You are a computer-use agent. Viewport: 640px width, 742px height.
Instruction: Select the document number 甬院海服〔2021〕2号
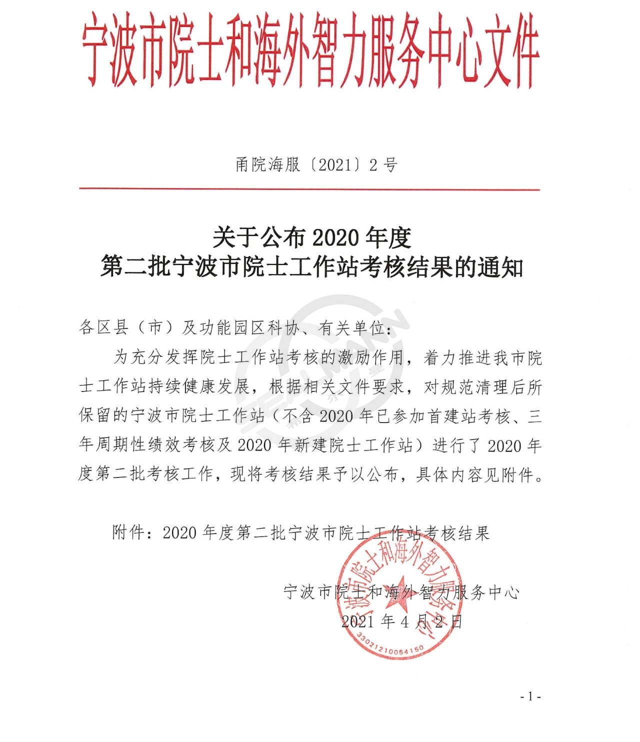coord(316,164)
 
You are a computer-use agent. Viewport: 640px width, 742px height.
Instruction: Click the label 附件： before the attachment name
coord(132,533)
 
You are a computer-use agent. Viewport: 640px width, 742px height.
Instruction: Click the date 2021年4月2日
coord(401,621)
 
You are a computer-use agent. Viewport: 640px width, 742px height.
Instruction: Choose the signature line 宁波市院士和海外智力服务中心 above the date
coord(401,592)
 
